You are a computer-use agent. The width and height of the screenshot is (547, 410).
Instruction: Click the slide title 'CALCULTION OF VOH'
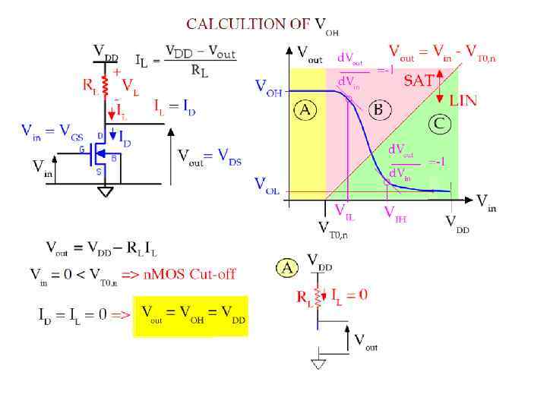pos(262,24)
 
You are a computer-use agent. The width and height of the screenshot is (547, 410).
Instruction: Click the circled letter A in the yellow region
pos(305,110)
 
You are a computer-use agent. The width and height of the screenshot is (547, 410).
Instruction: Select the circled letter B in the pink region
pos(378,110)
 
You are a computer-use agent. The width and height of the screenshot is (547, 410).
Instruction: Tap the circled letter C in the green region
pos(440,124)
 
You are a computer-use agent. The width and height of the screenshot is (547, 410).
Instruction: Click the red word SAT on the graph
pos(419,81)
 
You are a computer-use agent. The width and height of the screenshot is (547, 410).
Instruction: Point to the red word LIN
pos(463,100)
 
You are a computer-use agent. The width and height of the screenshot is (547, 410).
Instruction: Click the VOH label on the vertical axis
pos(268,90)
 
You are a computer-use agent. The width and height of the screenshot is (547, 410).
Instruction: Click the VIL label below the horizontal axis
pos(344,213)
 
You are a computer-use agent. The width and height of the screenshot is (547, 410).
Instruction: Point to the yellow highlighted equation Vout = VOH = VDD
pos(192,316)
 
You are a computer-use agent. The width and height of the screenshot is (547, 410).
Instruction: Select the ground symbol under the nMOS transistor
pos(106,192)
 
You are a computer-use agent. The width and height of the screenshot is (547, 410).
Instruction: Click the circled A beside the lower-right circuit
pos(287,266)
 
